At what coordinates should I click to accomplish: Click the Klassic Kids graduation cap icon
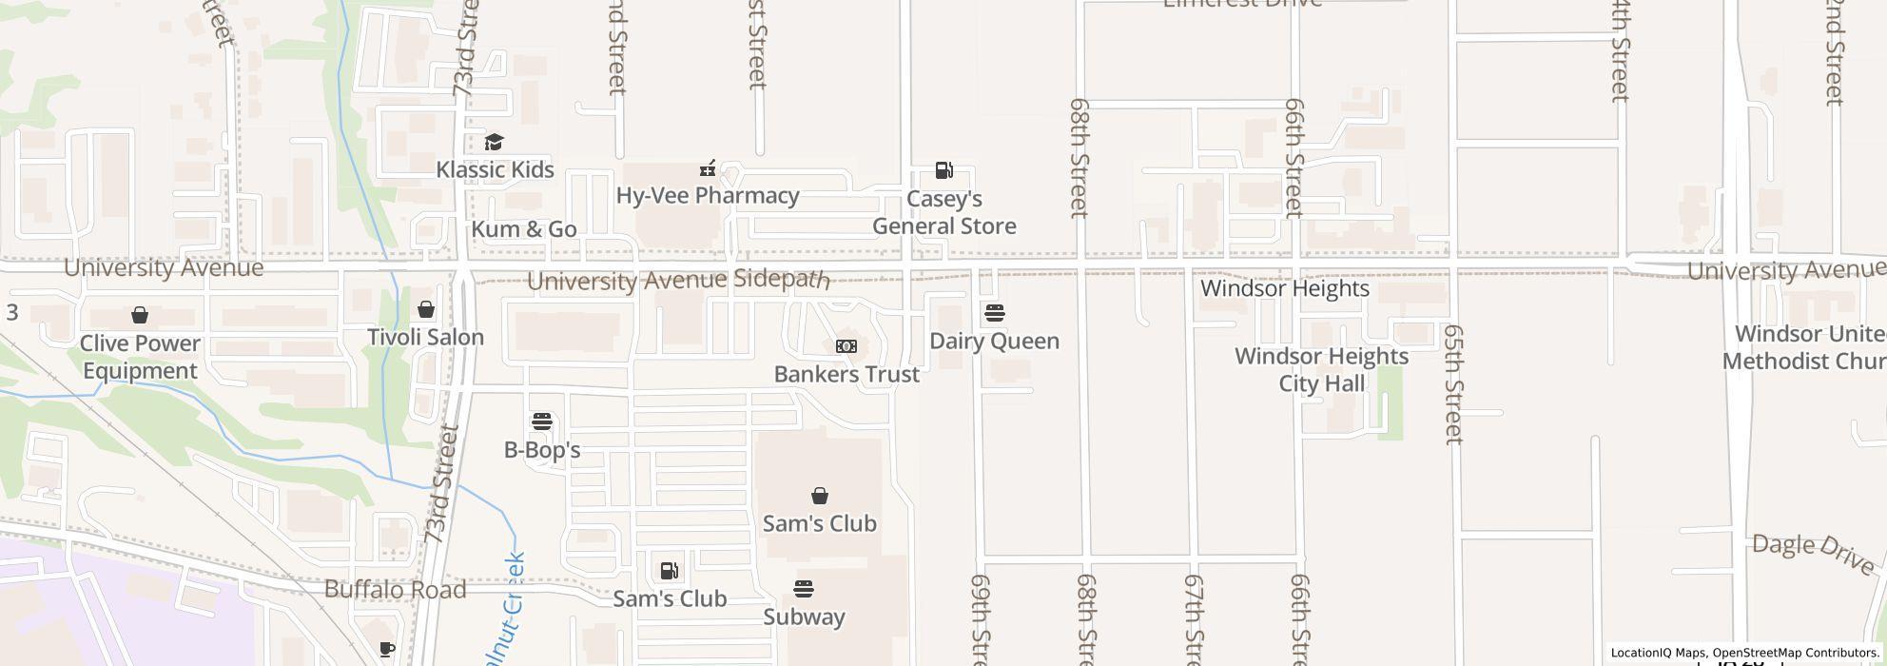pyautogui.click(x=494, y=143)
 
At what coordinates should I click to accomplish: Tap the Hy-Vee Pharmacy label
pyautogui.click(x=707, y=195)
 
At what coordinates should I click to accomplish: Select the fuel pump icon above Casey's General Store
pyautogui.click(x=943, y=171)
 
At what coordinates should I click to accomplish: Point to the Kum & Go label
pyautogui.click(x=524, y=229)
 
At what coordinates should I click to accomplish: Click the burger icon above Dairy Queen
pyautogui.click(x=994, y=313)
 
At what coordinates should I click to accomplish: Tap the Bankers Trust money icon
pyautogui.click(x=846, y=346)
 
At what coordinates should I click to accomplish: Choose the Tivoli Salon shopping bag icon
pyautogui.click(x=426, y=309)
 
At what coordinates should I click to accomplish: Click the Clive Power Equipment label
pyautogui.click(x=140, y=357)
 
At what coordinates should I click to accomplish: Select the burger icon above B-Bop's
pyautogui.click(x=542, y=421)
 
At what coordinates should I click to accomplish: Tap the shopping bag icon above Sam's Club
pyautogui.click(x=819, y=496)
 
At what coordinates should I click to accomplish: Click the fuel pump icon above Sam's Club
pyautogui.click(x=670, y=571)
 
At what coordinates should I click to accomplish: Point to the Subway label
pyautogui.click(x=804, y=617)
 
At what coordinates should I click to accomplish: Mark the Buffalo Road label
pyautogui.click(x=395, y=590)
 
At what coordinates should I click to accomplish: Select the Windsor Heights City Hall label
pyautogui.click(x=1321, y=369)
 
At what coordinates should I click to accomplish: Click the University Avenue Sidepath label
pyautogui.click(x=677, y=281)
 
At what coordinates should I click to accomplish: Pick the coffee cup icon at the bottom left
pyautogui.click(x=386, y=650)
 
